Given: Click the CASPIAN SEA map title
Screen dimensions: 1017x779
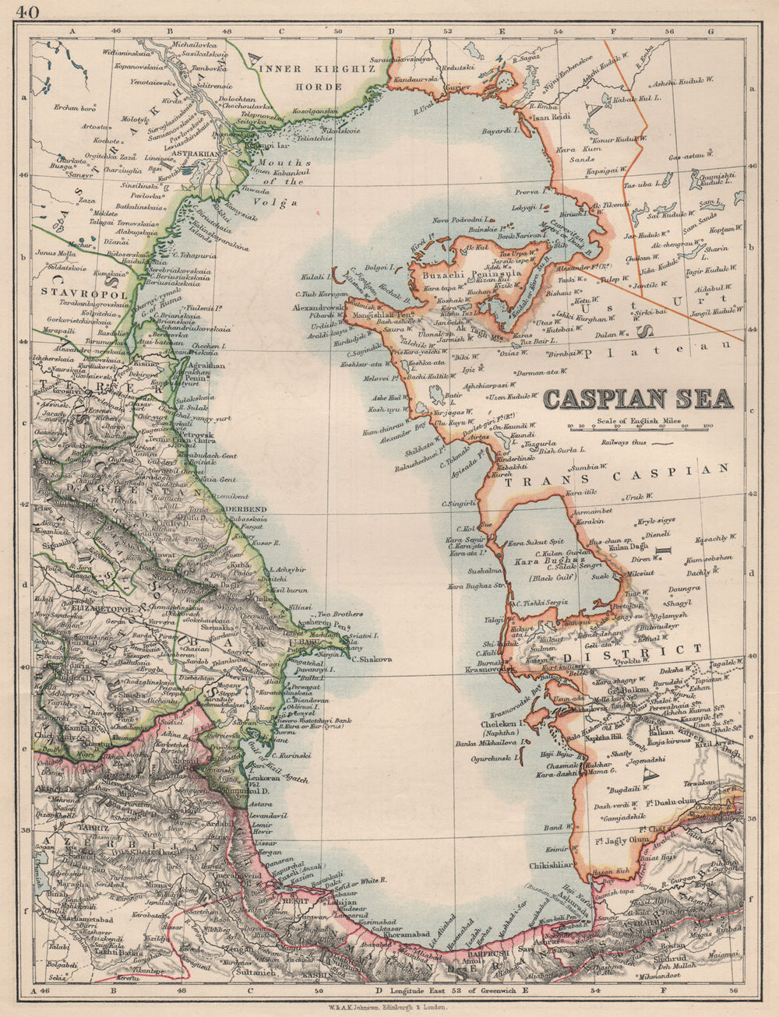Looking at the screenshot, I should coord(637,399).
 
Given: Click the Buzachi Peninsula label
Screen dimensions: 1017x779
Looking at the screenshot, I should coord(460,274).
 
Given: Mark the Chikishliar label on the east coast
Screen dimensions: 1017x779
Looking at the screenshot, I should coord(550,864).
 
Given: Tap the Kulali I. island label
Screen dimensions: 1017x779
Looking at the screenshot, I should coord(317,276).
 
